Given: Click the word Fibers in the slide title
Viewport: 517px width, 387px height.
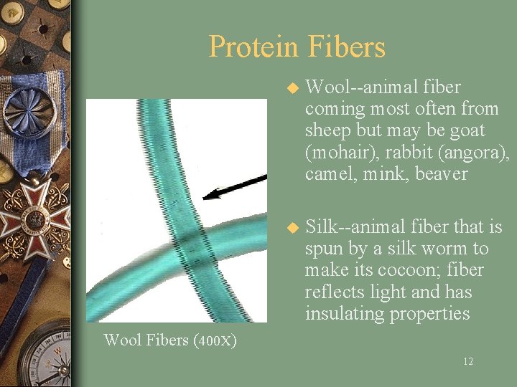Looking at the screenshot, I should coord(347,47).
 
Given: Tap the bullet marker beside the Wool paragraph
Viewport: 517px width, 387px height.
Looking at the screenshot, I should coord(292,89).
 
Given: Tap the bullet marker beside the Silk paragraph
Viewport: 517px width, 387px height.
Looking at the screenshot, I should coord(292,229).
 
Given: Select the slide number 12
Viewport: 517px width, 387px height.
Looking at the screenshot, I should coord(467,362).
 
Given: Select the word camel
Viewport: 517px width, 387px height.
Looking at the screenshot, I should coord(327,174).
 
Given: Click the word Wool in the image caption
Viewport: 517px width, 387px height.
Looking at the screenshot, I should coord(122,340).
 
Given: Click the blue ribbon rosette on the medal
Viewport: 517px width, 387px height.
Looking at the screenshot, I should coord(29,111).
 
